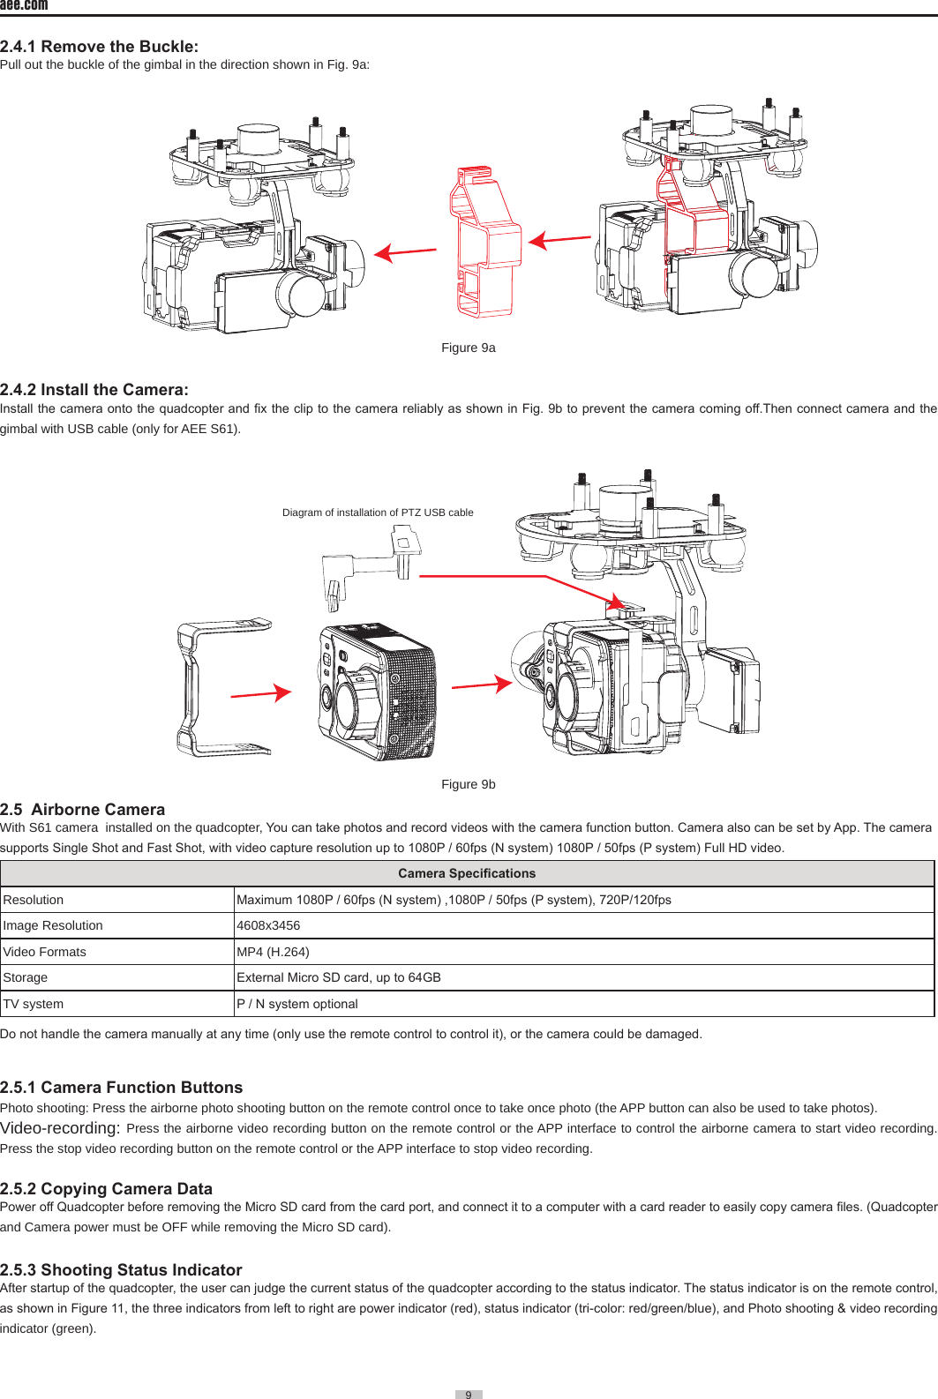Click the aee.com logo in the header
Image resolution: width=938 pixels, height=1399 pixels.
(x=24, y=5)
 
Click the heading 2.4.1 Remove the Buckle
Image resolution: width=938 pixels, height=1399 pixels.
(x=99, y=47)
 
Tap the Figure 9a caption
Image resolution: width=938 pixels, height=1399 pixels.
(x=468, y=348)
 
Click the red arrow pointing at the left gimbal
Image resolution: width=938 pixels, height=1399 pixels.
(x=406, y=252)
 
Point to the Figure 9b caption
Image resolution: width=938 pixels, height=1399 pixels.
(x=468, y=784)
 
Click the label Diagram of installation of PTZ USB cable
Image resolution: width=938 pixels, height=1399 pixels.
(x=378, y=512)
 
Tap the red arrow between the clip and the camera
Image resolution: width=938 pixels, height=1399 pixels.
(x=261, y=694)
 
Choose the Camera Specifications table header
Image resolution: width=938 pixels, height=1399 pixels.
(x=467, y=873)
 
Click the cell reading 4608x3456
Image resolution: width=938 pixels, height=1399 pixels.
(x=268, y=925)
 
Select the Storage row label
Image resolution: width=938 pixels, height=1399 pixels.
(x=26, y=977)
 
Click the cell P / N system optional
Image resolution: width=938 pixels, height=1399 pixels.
(x=297, y=1004)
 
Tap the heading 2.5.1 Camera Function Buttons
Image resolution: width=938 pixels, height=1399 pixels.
(x=121, y=1088)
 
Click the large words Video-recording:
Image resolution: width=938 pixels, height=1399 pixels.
(x=60, y=1128)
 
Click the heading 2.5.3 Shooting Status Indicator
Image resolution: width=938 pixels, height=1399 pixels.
(x=121, y=1270)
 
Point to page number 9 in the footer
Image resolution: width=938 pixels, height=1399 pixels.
(x=469, y=1395)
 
